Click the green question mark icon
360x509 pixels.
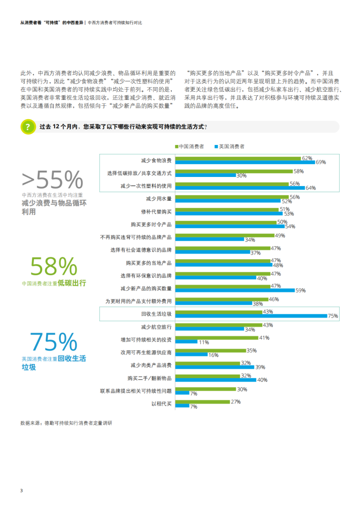[28, 127]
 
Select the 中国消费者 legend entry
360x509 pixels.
[191, 146]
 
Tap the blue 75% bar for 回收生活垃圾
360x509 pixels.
[251, 316]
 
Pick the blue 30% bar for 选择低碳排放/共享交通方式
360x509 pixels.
[205, 175]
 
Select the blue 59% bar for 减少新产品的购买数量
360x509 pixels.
[235, 290]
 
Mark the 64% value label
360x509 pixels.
[310, 188]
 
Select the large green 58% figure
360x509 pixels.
[54, 266]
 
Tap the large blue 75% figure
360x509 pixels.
[54, 342]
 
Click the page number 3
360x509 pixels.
[21, 491]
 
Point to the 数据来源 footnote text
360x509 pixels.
[66, 422]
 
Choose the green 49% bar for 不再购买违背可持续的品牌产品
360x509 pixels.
[224, 236]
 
